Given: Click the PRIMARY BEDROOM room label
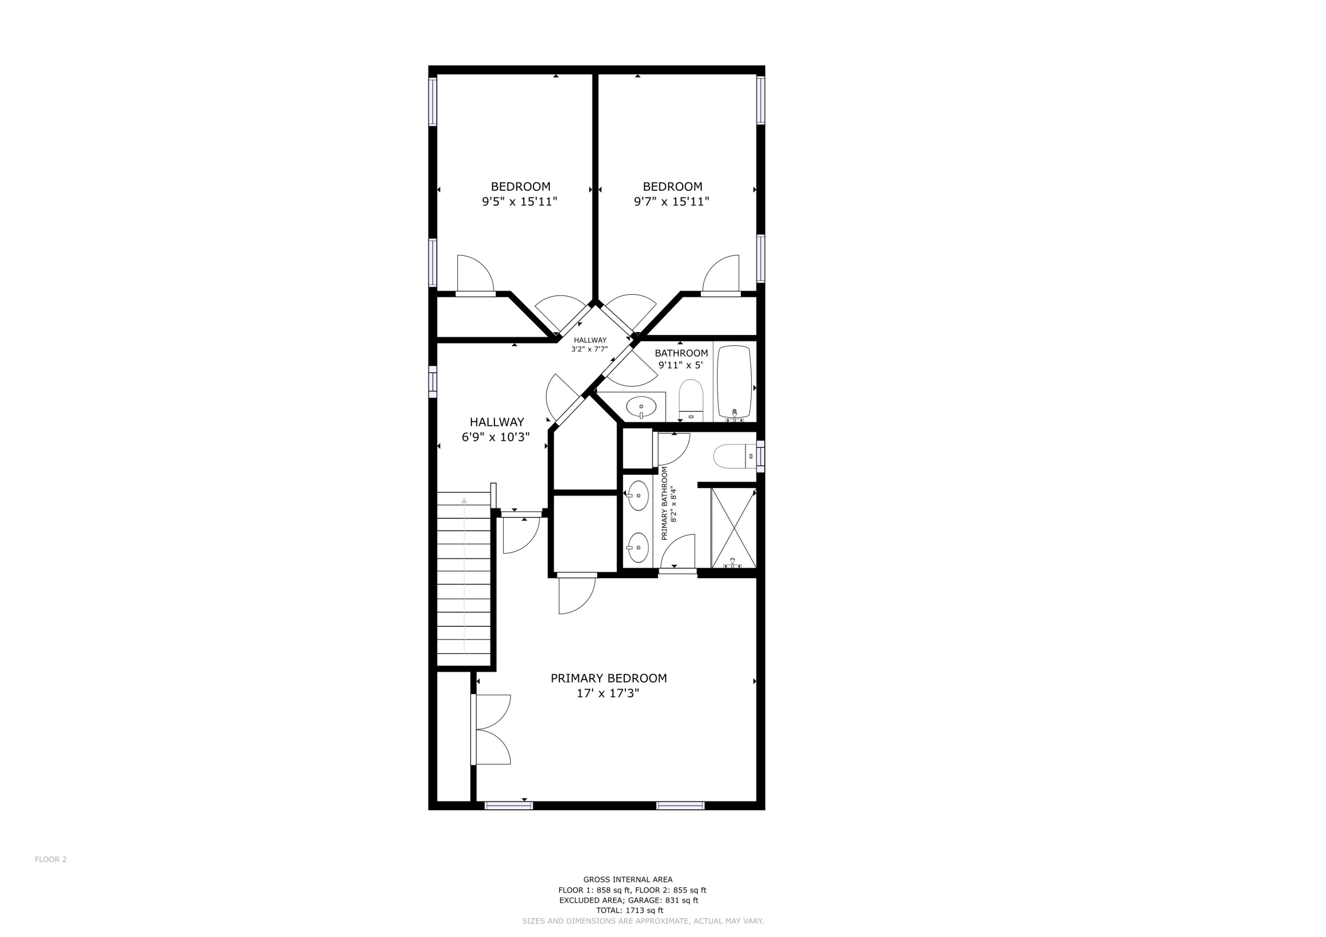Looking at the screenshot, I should tap(608, 679).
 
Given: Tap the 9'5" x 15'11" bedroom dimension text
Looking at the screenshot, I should tap(519, 201).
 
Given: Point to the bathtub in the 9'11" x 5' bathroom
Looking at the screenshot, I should tap(734, 382).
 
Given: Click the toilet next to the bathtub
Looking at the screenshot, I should tap(691, 398).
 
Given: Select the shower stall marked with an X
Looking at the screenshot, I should tap(733, 527).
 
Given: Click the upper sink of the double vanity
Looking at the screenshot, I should tap(638, 495).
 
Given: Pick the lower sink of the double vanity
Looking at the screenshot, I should tap(638, 547).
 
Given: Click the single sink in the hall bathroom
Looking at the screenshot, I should tap(641, 407).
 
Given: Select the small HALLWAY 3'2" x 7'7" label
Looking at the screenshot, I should tap(590, 345).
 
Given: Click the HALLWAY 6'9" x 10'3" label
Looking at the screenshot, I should tap(496, 429).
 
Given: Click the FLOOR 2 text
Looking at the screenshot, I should tap(51, 859).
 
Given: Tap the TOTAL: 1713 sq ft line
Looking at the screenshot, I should tap(629, 910).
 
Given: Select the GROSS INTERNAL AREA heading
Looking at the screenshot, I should tap(628, 880).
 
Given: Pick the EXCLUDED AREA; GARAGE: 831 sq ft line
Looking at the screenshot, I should tap(629, 900).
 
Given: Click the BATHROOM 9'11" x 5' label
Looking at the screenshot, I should tap(681, 359).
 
